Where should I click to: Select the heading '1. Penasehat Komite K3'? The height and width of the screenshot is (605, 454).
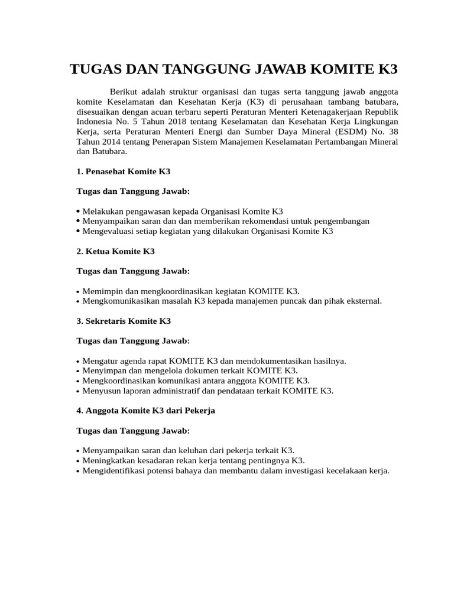click(x=124, y=171)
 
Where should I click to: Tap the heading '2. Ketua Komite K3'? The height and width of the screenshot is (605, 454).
click(x=115, y=251)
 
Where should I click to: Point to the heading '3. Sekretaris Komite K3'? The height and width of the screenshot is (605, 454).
click(x=124, y=321)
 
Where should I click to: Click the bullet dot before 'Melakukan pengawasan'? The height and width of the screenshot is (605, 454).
click(x=79, y=211)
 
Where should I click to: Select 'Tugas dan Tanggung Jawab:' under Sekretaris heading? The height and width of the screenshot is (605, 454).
click(x=133, y=341)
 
